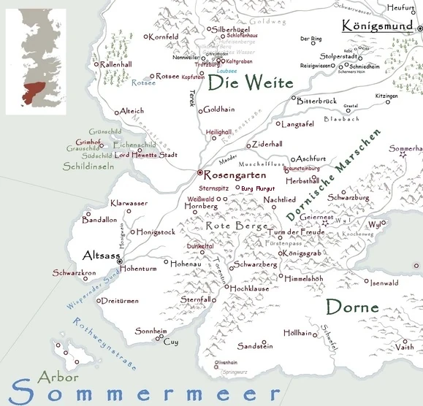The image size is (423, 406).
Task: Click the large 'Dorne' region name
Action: [352, 307]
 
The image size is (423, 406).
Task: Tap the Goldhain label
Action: [218, 110]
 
